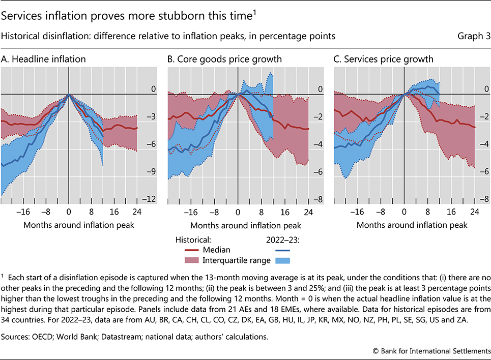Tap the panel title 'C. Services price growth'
384,59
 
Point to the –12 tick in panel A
151,199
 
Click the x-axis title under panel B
246,225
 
